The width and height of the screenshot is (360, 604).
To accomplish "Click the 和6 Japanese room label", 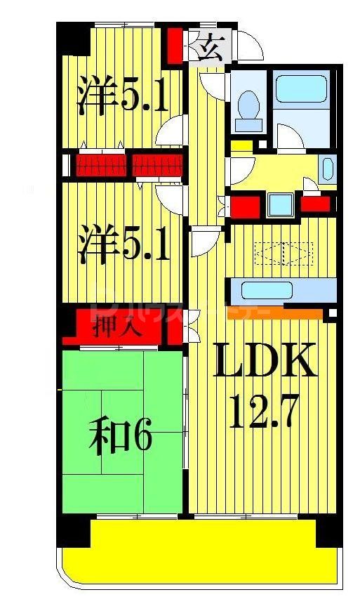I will coord(120,438).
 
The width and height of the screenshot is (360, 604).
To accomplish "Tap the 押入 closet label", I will coord(119,327).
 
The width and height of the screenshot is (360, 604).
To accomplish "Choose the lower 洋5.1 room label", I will coord(122,243).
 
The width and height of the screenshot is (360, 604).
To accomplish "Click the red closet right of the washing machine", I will coord(315,204).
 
